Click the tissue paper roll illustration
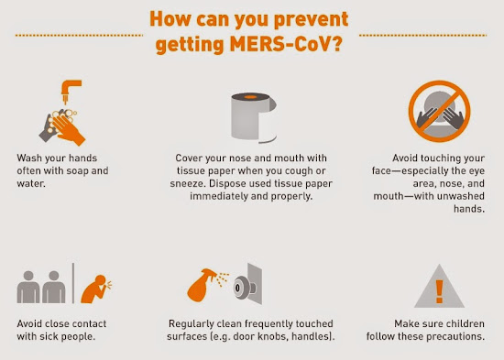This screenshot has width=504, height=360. [254, 117]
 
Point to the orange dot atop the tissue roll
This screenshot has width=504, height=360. [250, 97]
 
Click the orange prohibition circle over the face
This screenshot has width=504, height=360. [439, 111]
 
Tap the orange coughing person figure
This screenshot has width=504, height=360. [95, 289]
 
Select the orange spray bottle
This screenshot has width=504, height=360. [202, 285]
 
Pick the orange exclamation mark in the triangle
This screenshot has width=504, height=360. [439, 291]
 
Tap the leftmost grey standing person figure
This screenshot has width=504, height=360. [28, 287]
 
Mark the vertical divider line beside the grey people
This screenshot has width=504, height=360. [73, 283]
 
